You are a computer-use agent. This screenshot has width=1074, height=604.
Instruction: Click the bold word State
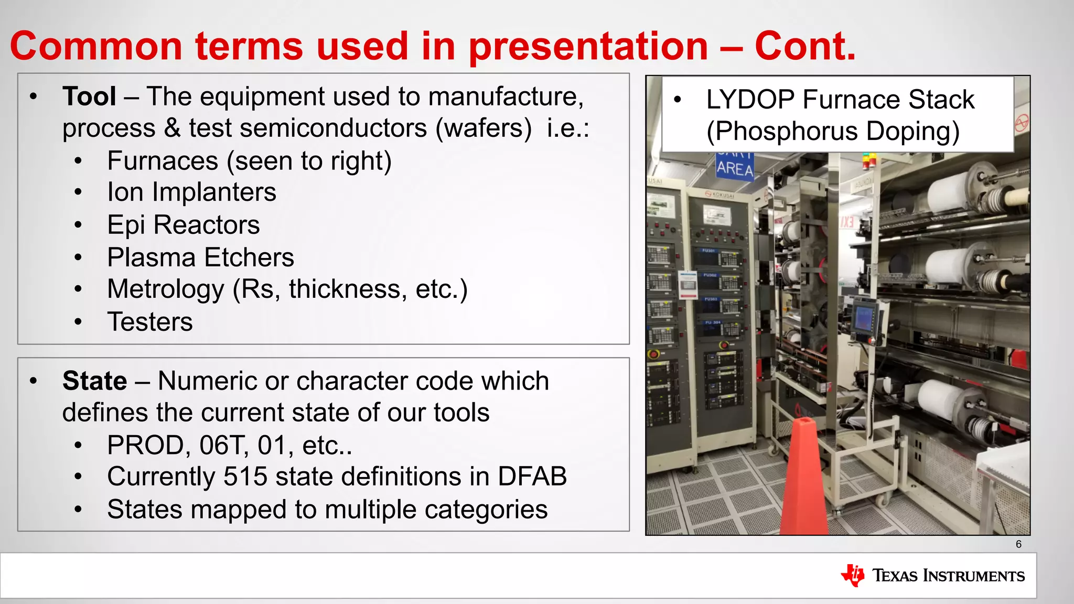pos(94,381)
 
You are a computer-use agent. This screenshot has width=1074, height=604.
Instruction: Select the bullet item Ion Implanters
pos(191,192)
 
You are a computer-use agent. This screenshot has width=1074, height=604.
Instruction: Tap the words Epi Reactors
pos(184,225)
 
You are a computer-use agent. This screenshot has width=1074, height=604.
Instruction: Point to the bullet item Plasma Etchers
pos(200,257)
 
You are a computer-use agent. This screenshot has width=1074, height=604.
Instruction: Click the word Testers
pos(150,322)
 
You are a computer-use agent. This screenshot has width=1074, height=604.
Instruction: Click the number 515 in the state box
pos(246,477)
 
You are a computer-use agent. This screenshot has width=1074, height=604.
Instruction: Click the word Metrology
pos(166,289)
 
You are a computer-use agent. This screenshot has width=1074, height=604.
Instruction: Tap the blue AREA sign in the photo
pos(735,168)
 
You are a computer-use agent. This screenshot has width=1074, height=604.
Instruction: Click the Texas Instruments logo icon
pos(853,575)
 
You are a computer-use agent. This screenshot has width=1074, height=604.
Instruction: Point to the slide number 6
pos(1018,544)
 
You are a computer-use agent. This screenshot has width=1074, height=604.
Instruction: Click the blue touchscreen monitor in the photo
pos(862,318)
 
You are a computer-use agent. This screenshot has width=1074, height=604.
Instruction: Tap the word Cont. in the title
pos(805,46)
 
